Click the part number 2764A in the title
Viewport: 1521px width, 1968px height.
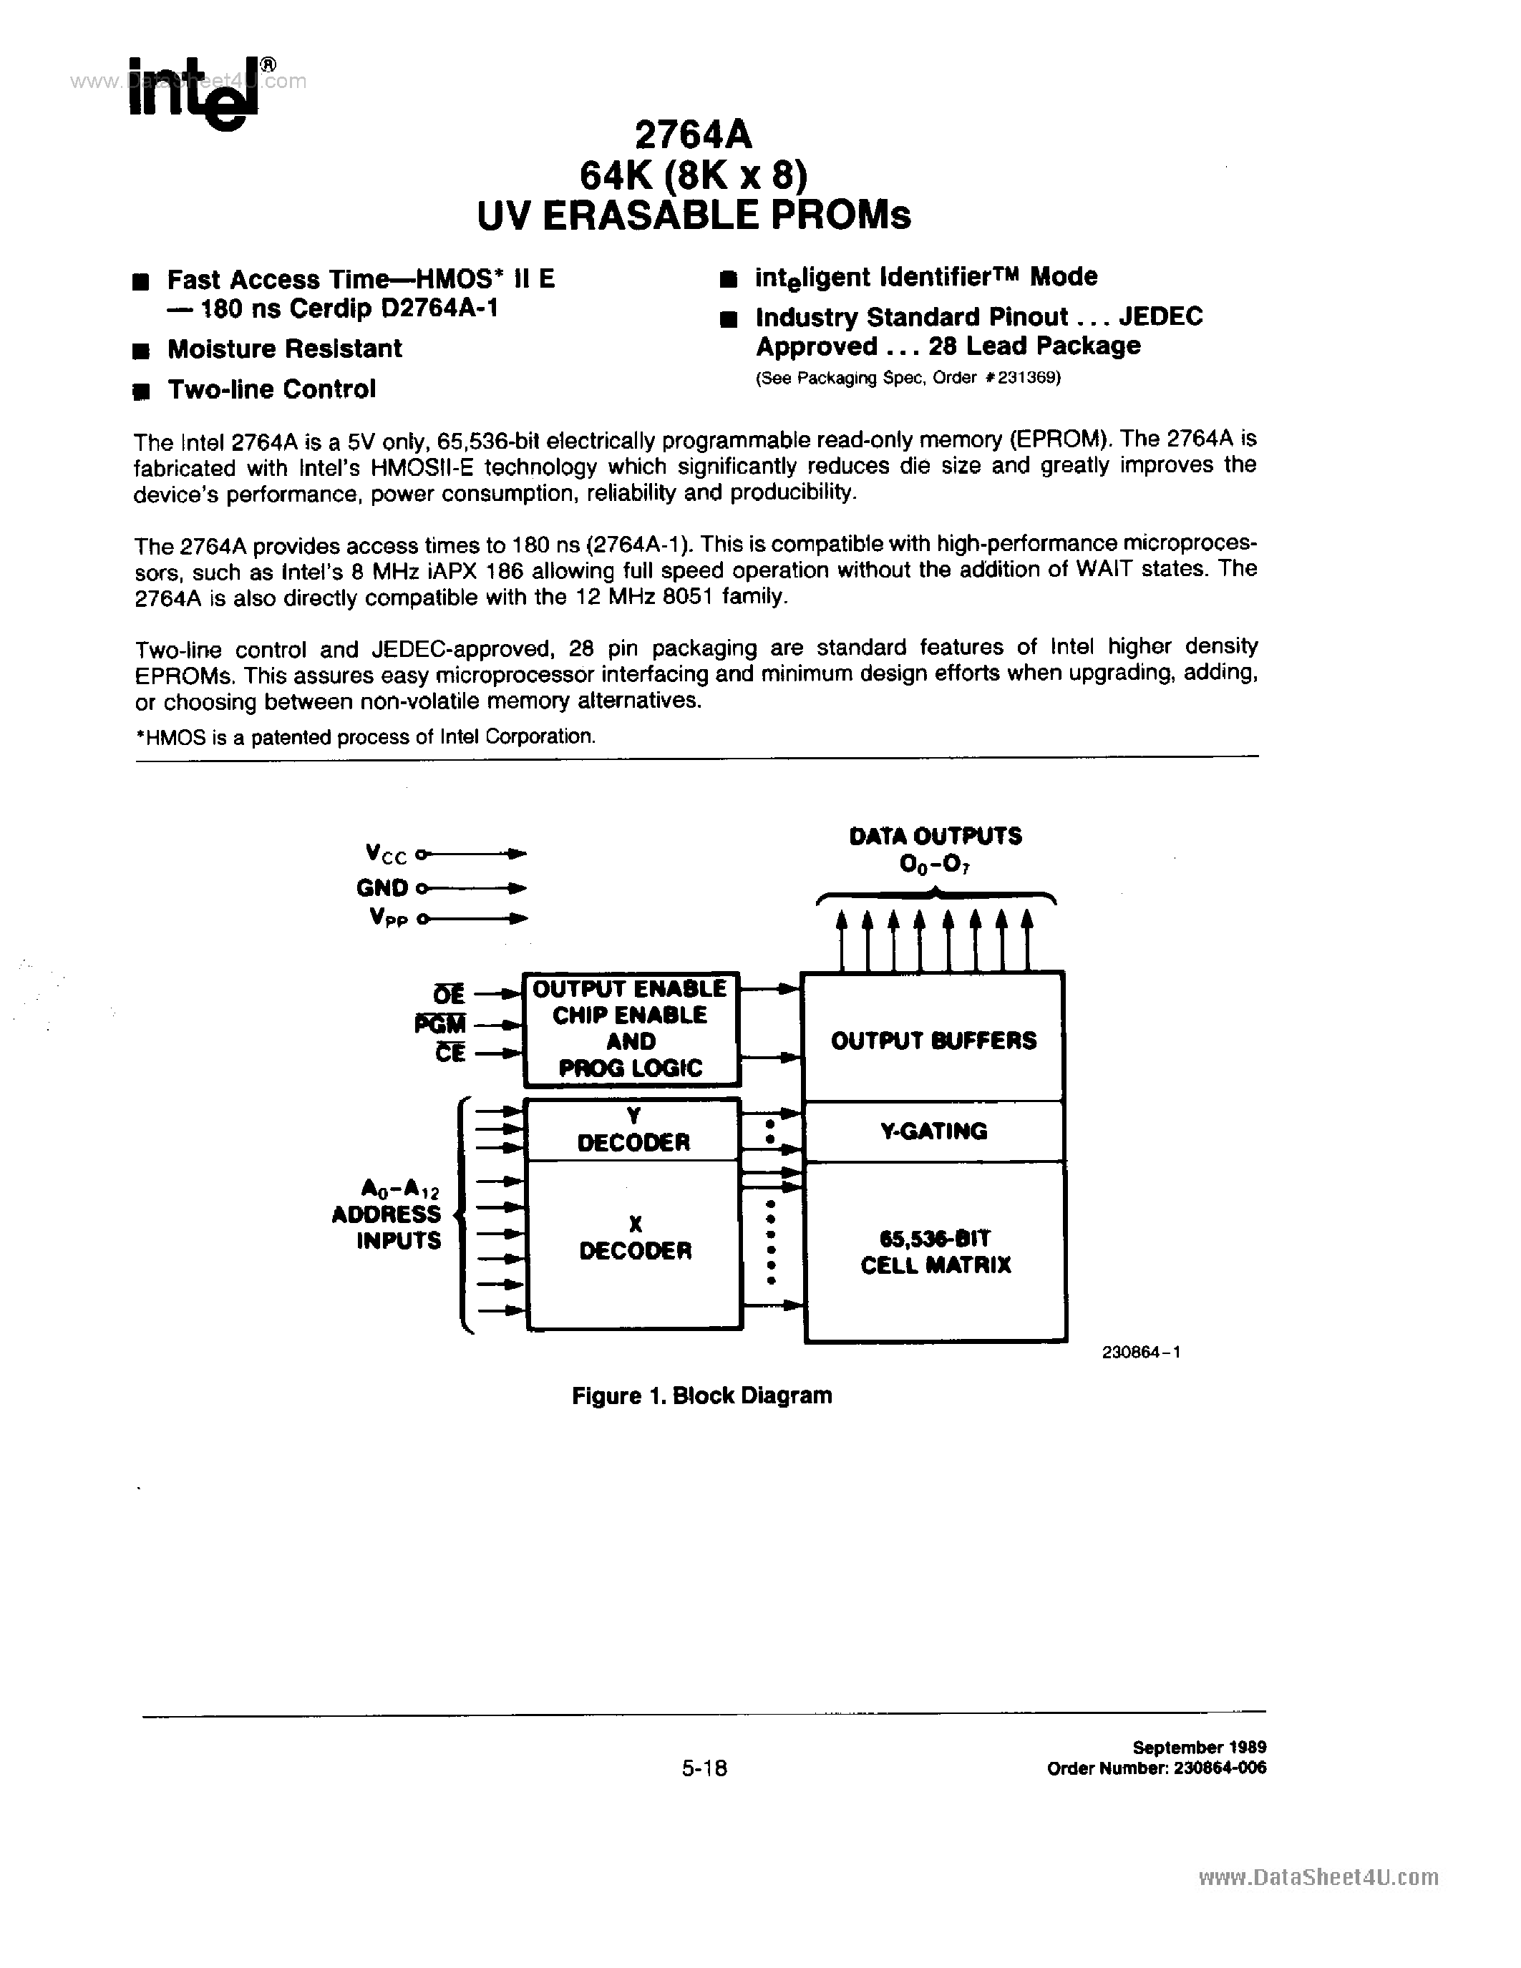(692, 135)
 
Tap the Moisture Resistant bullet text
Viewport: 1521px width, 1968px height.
(284, 349)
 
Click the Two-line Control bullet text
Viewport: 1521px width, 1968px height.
(271, 389)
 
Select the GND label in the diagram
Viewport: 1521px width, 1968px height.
(382, 887)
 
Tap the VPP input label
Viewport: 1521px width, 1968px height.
(387, 918)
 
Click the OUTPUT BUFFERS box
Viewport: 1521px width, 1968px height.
(933, 1040)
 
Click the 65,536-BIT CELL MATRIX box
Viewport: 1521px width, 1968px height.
(936, 1252)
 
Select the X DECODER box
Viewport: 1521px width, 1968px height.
(634, 1238)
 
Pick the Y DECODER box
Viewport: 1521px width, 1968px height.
(633, 1130)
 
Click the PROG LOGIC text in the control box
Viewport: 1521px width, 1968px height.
(630, 1068)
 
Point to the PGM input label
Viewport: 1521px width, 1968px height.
(441, 1023)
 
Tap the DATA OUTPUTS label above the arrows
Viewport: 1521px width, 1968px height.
(936, 836)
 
